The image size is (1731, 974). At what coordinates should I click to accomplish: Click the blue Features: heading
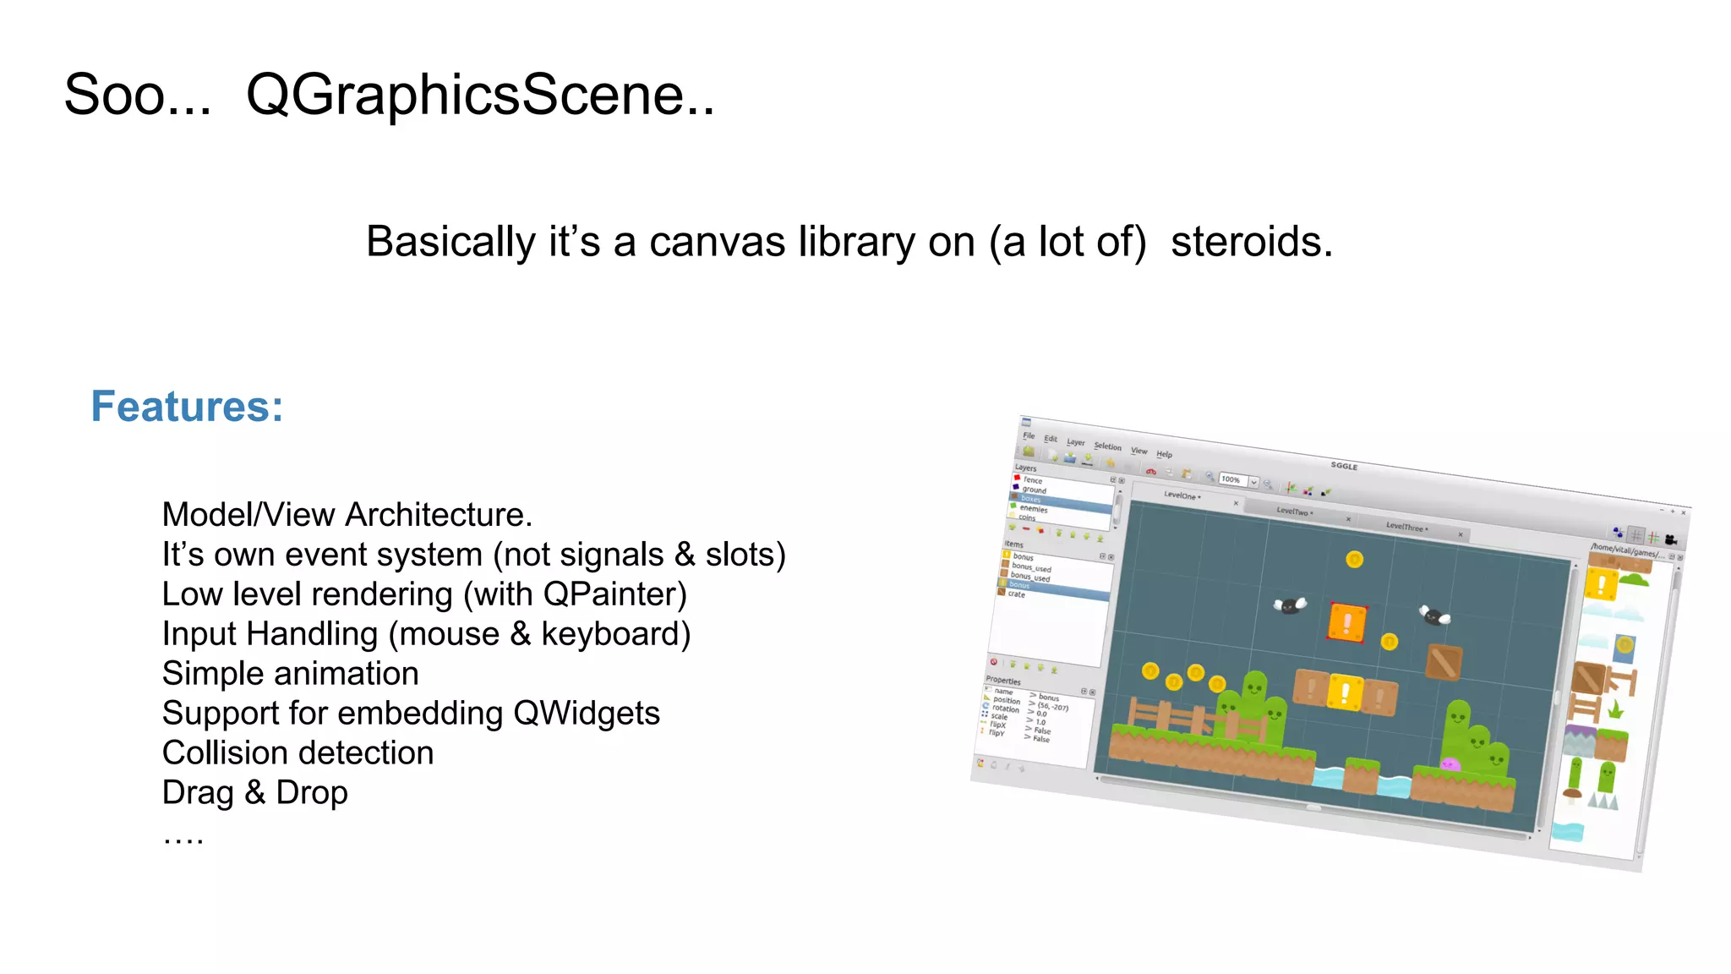(187, 407)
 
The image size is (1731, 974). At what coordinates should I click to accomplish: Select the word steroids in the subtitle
(1251, 242)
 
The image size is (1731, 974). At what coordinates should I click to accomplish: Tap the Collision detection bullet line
(298, 752)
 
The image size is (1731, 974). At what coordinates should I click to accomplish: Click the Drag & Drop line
(254, 792)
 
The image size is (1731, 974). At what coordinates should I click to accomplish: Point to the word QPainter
(614, 594)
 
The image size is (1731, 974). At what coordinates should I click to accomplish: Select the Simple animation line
(290, 673)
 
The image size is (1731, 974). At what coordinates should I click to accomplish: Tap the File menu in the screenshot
(1029, 435)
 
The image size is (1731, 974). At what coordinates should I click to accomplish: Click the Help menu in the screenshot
(1164, 454)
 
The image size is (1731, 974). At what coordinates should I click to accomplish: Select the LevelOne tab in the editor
(1181, 495)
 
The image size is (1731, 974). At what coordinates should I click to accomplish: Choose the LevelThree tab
(1406, 527)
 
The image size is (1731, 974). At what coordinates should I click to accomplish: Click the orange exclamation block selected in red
(1347, 622)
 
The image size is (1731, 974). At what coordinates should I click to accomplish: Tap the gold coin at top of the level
(1354, 559)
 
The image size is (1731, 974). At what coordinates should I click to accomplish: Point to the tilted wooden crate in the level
(1444, 662)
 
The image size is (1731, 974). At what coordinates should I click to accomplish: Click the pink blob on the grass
(1450, 763)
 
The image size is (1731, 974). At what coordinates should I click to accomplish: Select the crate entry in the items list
(1016, 594)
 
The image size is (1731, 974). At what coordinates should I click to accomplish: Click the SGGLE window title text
(1343, 466)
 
